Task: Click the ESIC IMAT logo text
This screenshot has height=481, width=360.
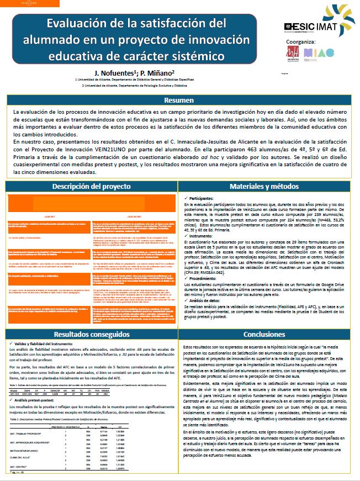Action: tap(311, 26)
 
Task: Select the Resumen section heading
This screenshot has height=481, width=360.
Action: tap(179, 101)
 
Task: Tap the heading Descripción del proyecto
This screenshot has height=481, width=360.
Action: tap(91, 187)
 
